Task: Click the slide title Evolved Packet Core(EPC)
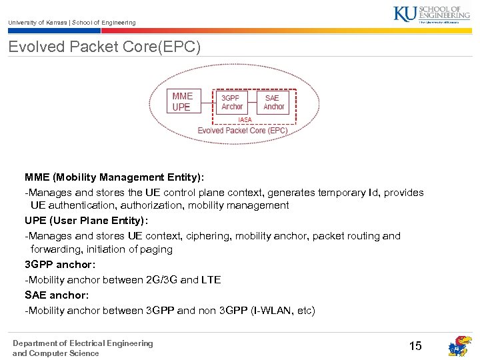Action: [x=104, y=47]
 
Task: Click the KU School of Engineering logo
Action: [x=436, y=15]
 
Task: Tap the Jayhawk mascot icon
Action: [x=459, y=346]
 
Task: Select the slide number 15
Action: [x=415, y=345]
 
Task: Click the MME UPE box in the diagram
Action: [x=183, y=101]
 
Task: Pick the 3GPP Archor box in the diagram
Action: [x=232, y=102]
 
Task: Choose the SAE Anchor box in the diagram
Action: [x=273, y=102]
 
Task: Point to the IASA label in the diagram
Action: [x=245, y=120]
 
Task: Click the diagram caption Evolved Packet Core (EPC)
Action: [x=243, y=131]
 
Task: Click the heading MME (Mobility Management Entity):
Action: [x=115, y=177]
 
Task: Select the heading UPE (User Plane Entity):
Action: [x=86, y=220]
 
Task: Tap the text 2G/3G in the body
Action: [x=161, y=280]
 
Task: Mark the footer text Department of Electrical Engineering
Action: [x=83, y=343]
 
